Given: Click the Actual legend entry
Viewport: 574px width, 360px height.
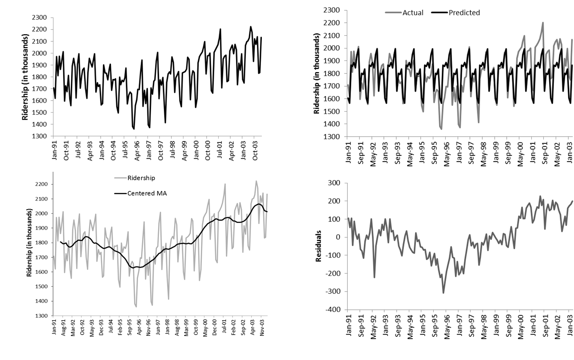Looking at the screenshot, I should [413, 12].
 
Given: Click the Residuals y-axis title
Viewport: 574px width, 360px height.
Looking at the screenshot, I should [318, 246].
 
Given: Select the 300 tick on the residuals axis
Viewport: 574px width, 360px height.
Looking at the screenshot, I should [334, 183].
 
